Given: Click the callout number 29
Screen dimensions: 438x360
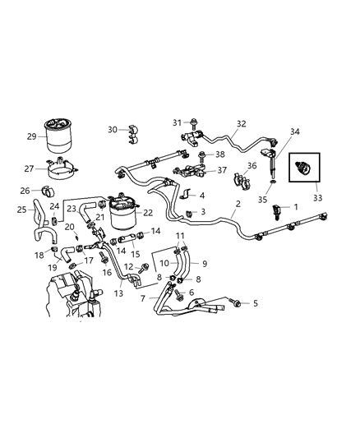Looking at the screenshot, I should (30, 136).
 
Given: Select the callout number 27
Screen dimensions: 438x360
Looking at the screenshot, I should (29, 168).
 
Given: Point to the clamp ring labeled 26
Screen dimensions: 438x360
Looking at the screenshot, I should (46, 193).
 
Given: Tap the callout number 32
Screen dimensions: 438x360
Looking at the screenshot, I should (241, 124).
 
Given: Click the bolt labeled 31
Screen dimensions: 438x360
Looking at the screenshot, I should (196, 124).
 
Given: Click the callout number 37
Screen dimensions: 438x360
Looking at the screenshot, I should (221, 170).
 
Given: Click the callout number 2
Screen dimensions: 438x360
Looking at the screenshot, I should (238, 203).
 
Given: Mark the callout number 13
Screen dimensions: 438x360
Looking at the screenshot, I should (119, 293).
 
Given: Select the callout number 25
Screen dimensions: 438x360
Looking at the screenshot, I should (22, 210).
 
